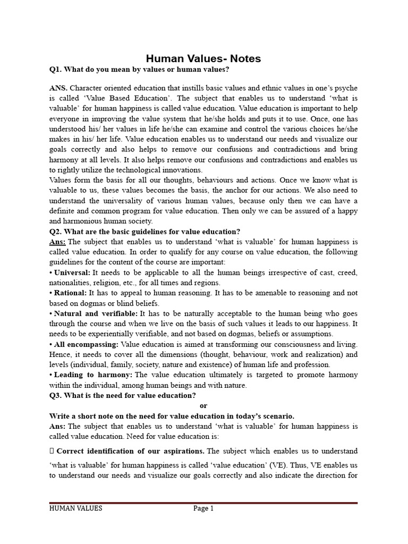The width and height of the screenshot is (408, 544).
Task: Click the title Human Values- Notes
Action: [x=203, y=58]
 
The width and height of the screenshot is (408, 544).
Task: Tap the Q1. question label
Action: [x=56, y=70]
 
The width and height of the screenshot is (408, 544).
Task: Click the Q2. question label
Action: [x=56, y=232]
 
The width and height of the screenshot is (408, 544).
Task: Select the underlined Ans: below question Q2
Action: [x=57, y=242]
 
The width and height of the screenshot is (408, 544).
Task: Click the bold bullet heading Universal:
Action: [x=72, y=273]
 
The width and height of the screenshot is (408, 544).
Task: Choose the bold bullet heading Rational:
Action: [x=70, y=293]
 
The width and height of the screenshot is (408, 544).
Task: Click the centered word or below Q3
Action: [x=203, y=406]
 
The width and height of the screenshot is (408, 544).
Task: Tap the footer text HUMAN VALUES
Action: [x=75, y=508]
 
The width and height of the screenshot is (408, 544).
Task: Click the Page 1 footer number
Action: [x=203, y=508]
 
